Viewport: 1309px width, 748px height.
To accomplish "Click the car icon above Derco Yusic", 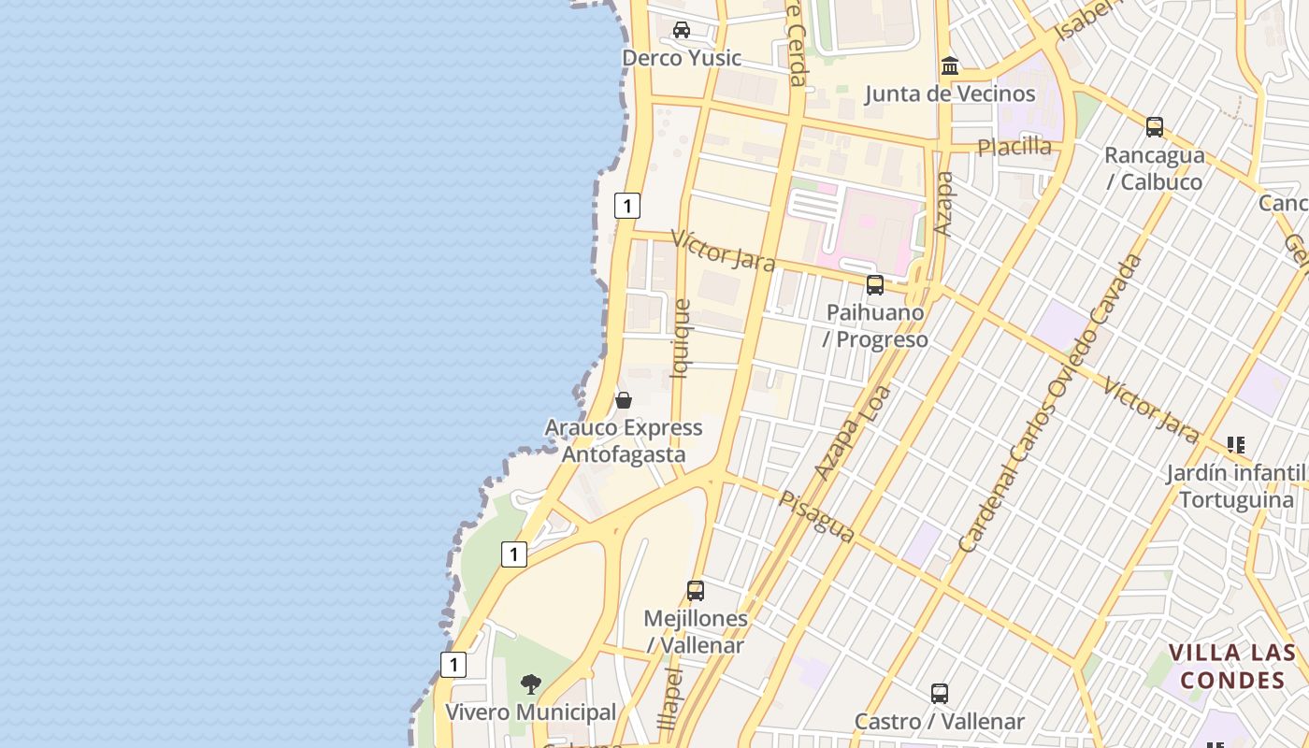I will (x=682, y=30).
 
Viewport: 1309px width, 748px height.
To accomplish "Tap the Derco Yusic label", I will (x=682, y=58).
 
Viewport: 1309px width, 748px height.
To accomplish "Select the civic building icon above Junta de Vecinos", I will (x=950, y=66).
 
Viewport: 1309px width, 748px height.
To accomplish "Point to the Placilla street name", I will (x=1014, y=147).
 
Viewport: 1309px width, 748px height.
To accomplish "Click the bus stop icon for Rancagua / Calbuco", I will (x=1155, y=127).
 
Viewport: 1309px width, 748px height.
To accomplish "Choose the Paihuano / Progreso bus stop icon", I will (x=875, y=285).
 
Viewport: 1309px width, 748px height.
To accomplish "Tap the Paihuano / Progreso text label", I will (x=876, y=326).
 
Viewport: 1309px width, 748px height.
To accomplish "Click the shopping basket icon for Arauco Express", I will (x=624, y=400).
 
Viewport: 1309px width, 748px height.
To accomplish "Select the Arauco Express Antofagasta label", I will (x=624, y=441).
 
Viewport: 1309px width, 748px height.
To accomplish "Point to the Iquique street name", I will (x=681, y=338).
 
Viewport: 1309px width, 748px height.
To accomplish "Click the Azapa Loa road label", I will (x=852, y=433).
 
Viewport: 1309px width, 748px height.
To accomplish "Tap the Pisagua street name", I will (x=816, y=515).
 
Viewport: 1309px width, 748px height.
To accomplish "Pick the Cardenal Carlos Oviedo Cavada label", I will (x=1050, y=403).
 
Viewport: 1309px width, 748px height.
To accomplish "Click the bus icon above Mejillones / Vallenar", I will (x=695, y=591).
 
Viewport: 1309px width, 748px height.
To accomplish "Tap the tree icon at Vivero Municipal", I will (x=531, y=684).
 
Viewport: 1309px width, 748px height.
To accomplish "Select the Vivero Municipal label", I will (x=530, y=712).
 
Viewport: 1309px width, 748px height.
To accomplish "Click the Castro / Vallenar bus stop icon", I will (x=940, y=694).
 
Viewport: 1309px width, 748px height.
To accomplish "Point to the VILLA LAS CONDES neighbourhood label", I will (x=1233, y=666).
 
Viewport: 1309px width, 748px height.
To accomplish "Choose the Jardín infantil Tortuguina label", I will (x=1236, y=486).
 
